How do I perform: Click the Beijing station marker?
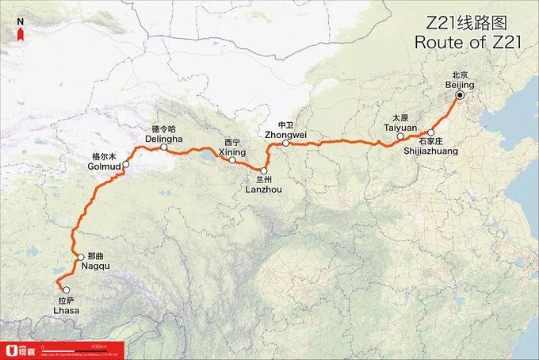(458, 98)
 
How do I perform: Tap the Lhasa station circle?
(66, 289)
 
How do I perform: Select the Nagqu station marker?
(80, 257)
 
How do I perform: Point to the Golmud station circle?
(125, 165)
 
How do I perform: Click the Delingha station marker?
(163, 147)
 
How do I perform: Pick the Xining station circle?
(232, 160)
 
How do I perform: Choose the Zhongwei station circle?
(285, 144)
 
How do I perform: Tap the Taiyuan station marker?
(400, 137)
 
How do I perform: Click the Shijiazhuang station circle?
(430, 133)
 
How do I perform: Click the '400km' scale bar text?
(98, 347)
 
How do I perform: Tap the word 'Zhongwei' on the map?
(286, 134)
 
